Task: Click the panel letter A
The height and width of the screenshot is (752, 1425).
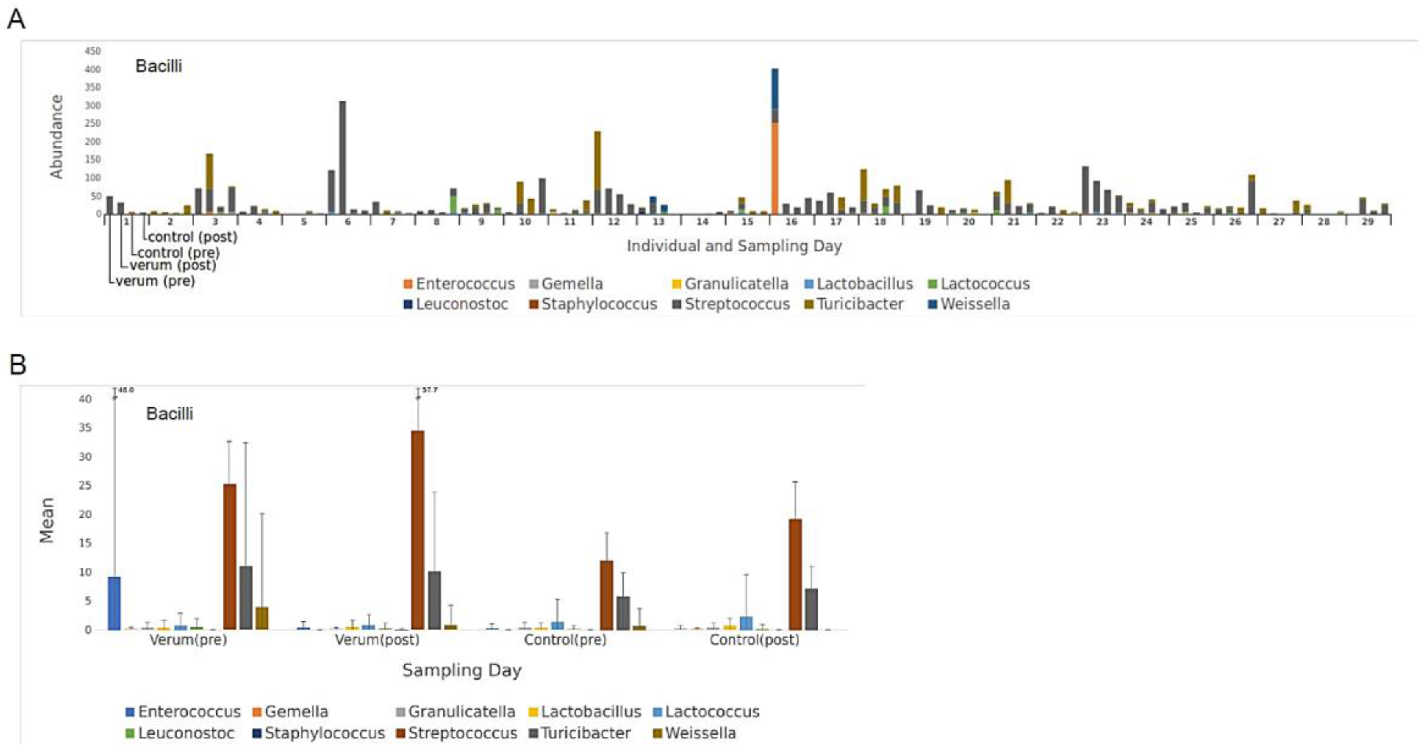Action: point(15,20)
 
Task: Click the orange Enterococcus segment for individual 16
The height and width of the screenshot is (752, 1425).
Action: point(775,169)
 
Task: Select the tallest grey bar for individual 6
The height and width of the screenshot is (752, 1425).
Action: point(343,158)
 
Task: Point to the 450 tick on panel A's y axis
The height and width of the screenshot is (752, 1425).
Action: point(92,51)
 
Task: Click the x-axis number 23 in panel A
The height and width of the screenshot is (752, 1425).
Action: point(1102,222)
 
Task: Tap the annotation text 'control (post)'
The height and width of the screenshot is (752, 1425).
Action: point(192,237)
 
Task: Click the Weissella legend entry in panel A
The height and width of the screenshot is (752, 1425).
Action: point(974,304)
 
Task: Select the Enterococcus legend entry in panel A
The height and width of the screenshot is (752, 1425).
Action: point(465,284)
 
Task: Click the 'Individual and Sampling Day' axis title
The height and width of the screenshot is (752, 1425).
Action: point(734,246)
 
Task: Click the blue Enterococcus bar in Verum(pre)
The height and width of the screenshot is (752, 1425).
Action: point(114,603)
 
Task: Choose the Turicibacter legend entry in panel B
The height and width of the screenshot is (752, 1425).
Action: point(585,733)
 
